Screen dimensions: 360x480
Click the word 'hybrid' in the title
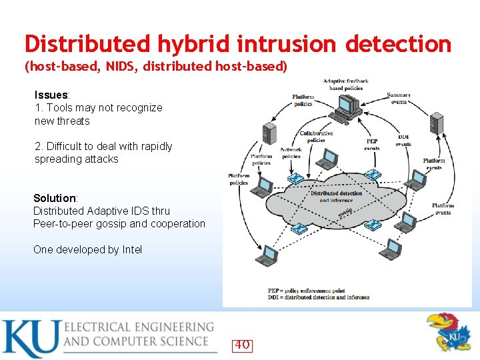[195, 45]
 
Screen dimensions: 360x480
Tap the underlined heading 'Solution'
[55, 198]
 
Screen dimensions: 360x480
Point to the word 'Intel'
[132, 249]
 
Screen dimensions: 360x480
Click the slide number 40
[242, 345]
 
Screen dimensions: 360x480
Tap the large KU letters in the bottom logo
[30, 338]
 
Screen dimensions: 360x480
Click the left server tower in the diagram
[269, 133]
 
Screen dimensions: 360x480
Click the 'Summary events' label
[399, 99]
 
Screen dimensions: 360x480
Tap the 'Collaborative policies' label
[316, 137]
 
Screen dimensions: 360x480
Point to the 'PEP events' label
[372, 145]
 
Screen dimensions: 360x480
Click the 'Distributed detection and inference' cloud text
[336, 197]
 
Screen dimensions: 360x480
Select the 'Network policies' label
[291, 153]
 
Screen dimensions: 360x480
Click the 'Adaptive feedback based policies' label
[345, 85]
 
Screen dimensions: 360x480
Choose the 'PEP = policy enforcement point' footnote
[307, 291]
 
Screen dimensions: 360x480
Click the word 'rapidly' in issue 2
[155, 146]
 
